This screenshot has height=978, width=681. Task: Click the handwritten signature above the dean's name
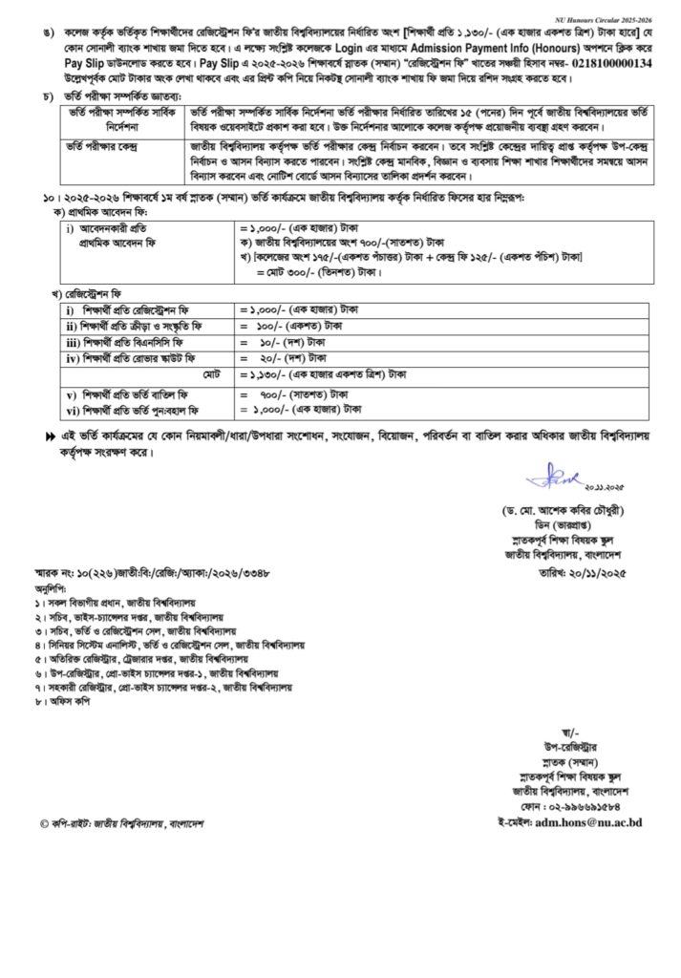tap(552, 475)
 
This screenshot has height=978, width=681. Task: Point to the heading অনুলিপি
tap(54, 589)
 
